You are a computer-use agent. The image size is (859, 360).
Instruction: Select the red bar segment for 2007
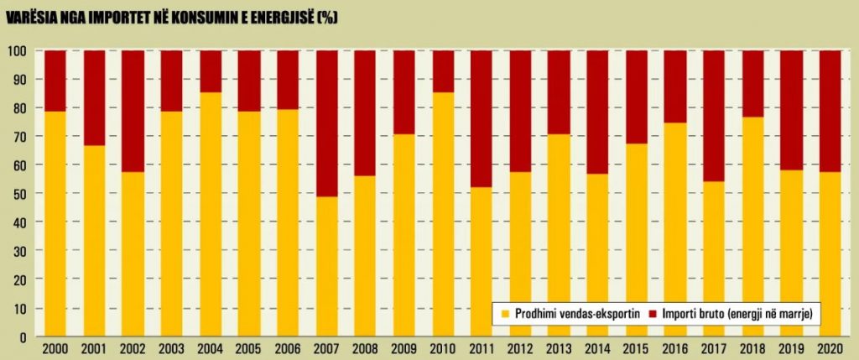point(327,123)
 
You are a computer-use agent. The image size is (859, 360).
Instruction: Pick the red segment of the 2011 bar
point(482,118)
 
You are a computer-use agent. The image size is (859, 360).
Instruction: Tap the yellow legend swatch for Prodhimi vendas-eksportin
point(505,313)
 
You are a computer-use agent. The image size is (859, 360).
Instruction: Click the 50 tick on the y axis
point(20,194)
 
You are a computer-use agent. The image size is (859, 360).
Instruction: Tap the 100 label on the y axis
point(18,51)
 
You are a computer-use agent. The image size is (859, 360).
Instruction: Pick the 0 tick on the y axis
point(23,337)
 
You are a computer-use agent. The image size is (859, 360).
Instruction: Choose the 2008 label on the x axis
point(366,348)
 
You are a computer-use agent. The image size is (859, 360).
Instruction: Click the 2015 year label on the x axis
point(636,348)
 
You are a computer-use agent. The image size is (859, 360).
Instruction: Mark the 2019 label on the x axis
point(791,348)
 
